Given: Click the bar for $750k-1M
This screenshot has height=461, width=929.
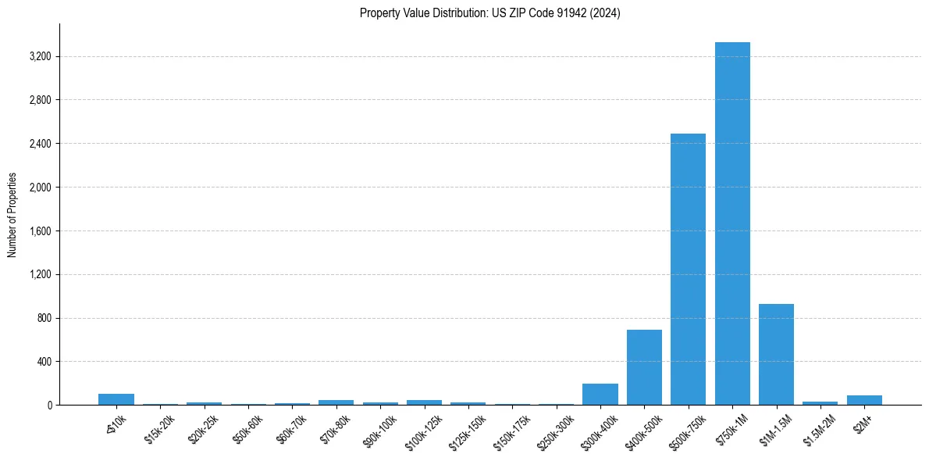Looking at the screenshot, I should click(x=732, y=223).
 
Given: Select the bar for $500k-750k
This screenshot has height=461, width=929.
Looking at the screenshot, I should click(x=688, y=270).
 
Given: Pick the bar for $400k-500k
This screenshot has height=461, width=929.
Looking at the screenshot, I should click(x=644, y=367).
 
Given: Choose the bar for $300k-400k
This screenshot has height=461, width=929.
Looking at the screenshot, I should click(x=600, y=395).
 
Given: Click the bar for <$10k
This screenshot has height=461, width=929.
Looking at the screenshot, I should click(x=116, y=399).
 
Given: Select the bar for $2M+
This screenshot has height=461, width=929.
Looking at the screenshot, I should click(x=864, y=400).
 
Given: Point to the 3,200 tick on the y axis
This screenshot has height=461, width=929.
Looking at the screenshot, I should click(x=40, y=57).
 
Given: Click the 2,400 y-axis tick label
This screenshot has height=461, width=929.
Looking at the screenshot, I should click(x=40, y=144).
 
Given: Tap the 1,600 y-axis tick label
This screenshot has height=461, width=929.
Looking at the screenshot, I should click(x=40, y=231).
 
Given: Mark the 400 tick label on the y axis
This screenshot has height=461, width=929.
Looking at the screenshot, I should click(x=44, y=362).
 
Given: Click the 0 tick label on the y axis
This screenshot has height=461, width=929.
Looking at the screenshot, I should click(x=49, y=406).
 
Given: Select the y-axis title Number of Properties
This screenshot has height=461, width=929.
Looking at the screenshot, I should click(x=12, y=215).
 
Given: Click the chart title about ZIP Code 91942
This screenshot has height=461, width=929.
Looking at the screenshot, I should click(x=490, y=13).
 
